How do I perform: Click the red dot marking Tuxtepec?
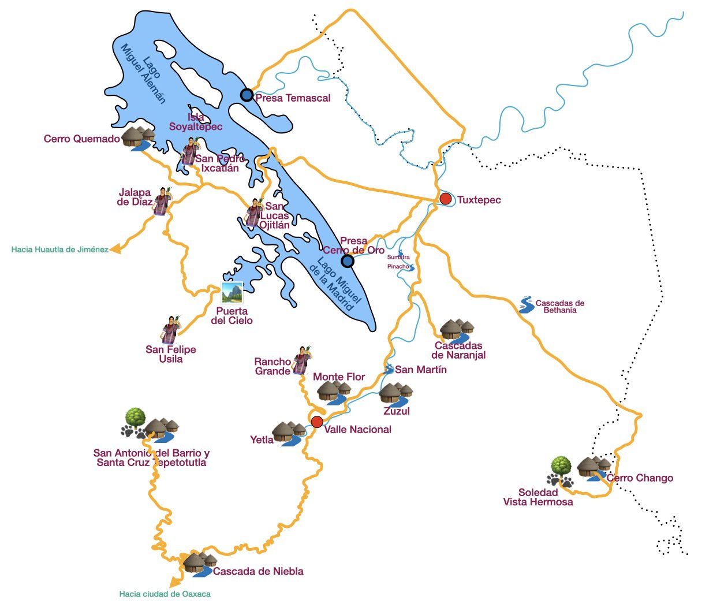click(445, 199)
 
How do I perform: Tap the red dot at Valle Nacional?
click(316, 422)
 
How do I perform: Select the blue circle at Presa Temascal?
click(247, 95)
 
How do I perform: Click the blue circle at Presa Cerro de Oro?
click(347, 261)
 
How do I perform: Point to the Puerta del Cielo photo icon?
click(232, 293)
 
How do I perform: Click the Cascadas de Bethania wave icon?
click(526, 305)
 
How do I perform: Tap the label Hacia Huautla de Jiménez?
click(59, 249)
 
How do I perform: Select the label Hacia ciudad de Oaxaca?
click(165, 594)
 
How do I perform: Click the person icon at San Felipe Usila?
click(170, 330)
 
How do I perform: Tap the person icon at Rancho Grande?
click(301, 360)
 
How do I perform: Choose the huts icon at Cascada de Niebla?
click(199, 563)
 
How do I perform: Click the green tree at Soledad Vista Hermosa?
click(561, 466)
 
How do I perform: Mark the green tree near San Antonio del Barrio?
click(135, 416)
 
